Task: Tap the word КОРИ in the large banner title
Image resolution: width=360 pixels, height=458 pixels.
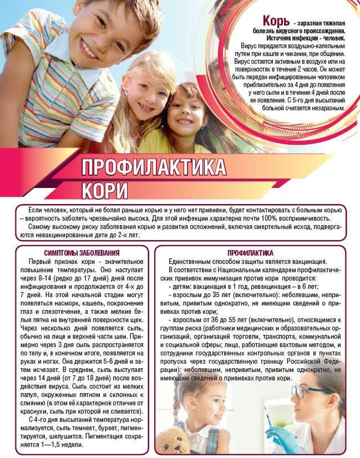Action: click(x=105, y=190)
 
